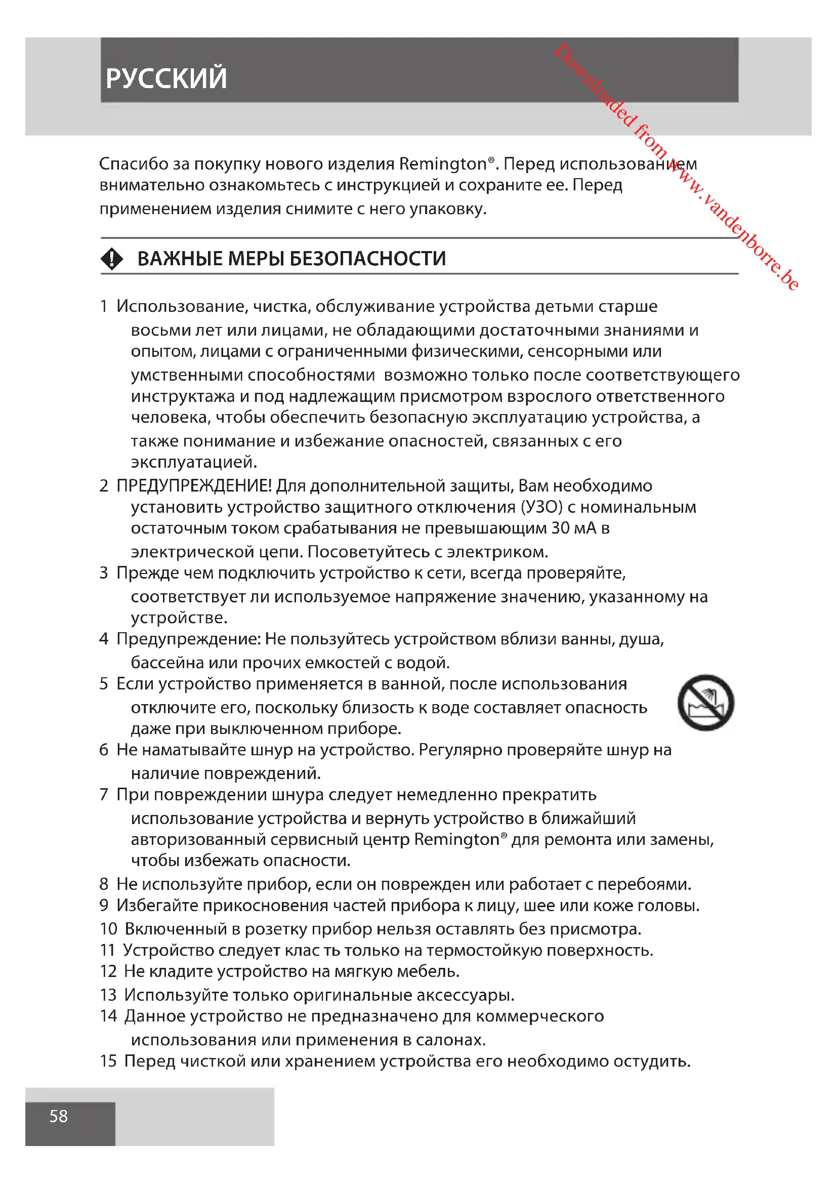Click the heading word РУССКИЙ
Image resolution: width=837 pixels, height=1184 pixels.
(166, 78)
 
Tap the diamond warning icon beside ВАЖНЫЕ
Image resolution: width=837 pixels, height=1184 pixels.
(112, 259)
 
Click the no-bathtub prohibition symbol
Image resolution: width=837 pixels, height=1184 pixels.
(705, 703)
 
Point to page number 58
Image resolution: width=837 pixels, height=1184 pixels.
(59, 1117)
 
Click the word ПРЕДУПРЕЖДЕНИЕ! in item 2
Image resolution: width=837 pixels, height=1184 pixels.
(194, 486)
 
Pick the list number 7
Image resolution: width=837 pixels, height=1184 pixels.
(104, 795)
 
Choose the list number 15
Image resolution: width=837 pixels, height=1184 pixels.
(108, 1061)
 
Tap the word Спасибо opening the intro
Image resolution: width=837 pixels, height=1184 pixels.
(134, 164)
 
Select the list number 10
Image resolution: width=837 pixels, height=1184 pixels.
(109, 929)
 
